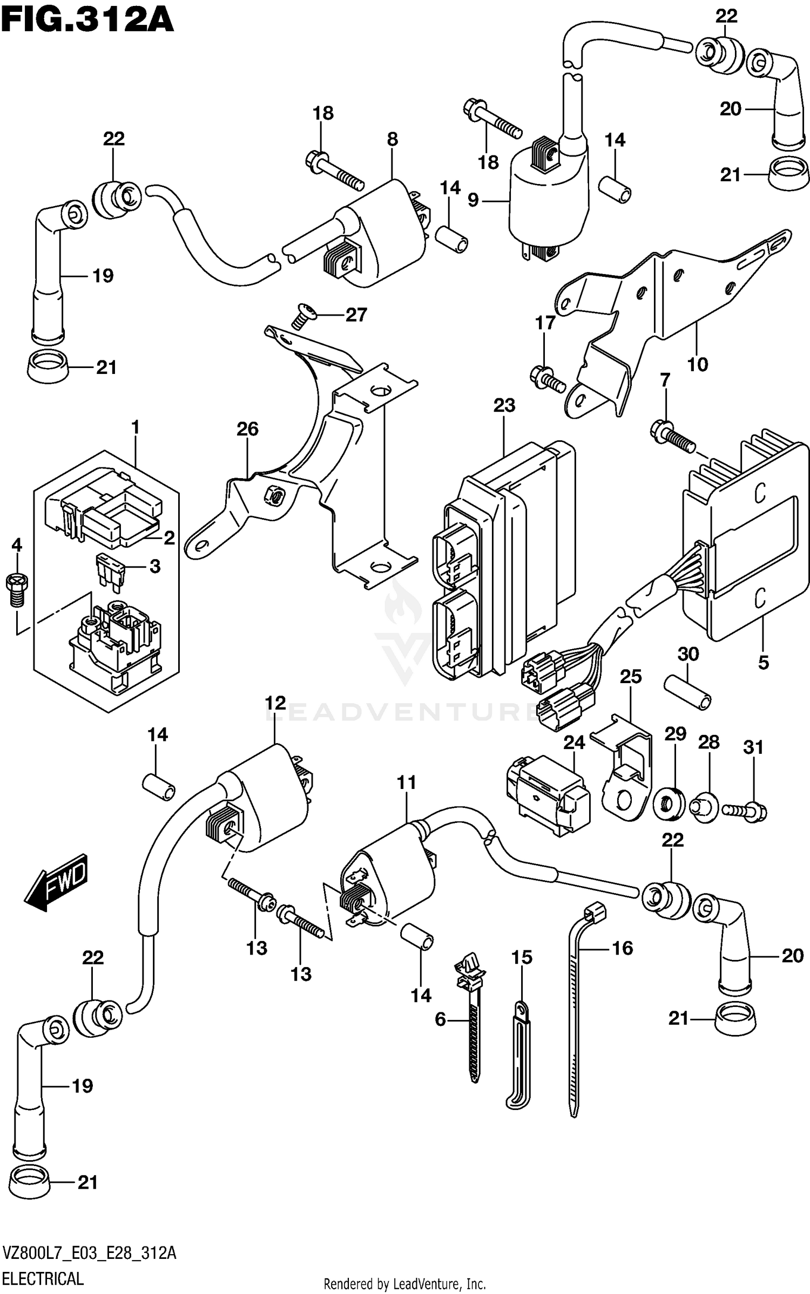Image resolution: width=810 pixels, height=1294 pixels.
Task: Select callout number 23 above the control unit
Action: coord(504,405)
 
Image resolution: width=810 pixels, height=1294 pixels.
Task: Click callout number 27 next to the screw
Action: coord(356,315)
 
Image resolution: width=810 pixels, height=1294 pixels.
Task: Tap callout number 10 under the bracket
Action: coord(698,364)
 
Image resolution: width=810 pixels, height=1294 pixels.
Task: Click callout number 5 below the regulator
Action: coord(763,662)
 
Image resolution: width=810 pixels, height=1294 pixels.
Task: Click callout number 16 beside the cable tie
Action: coord(623,948)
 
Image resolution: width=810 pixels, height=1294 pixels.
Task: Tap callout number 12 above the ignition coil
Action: coord(275,703)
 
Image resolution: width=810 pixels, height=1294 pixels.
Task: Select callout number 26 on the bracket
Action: coord(247,429)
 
